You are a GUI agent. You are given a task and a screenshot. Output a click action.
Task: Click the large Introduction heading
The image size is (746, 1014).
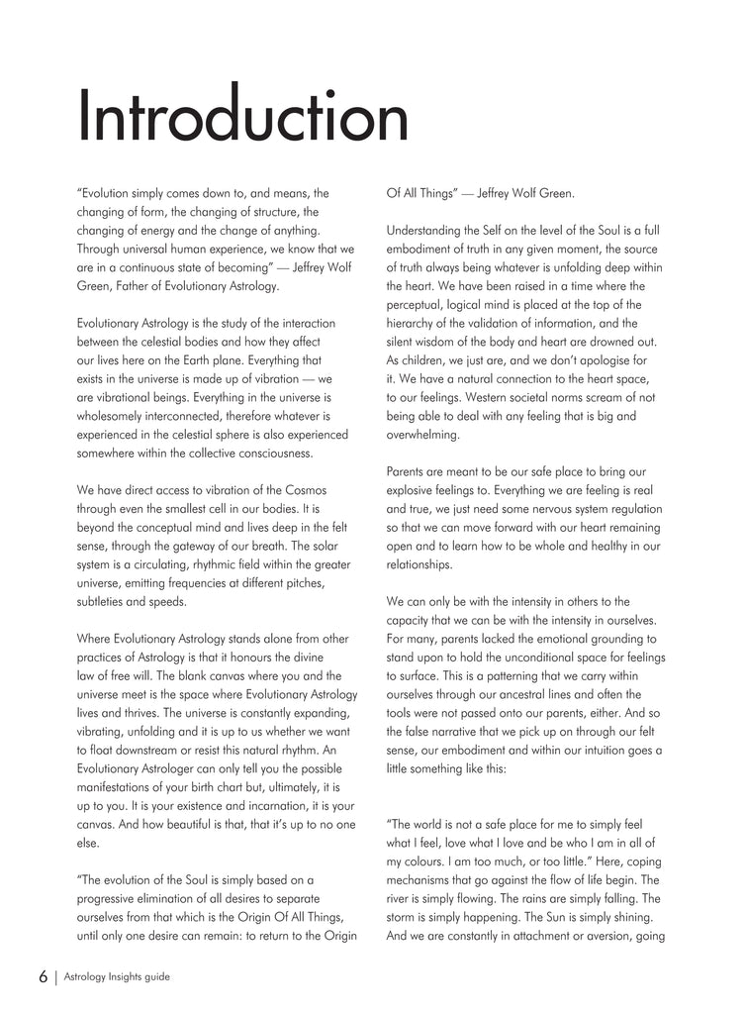click(x=242, y=118)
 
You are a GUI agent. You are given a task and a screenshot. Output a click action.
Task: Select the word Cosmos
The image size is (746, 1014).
click(x=306, y=490)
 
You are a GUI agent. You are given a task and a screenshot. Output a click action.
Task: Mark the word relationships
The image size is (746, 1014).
click(x=420, y=564)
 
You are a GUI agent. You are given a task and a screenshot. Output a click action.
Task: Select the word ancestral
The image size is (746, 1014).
click(x=550, y=694)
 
